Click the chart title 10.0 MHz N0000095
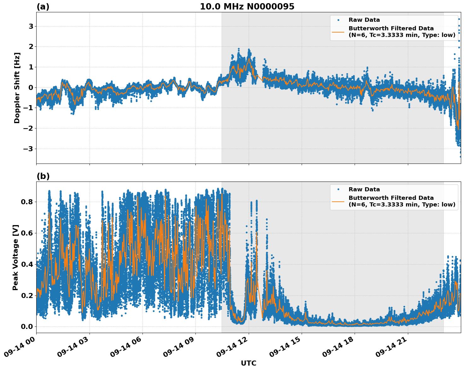click(x=247, y=7)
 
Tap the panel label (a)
click(x=43, y=7)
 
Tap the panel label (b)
click(x=43, y=176)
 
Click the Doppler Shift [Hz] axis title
click(x=17, y=88)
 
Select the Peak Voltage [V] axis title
click(x=15, y=257)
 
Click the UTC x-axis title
click(x=248, y=363)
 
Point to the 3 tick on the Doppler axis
click(x=31, y=26)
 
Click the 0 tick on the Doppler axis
click(x=31, y=87)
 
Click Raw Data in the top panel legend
click(x=364, y=20)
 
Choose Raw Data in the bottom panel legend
click(x=364, y=189)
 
